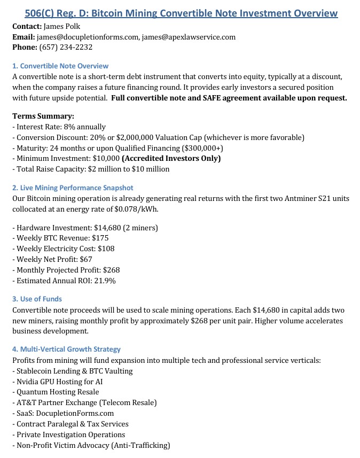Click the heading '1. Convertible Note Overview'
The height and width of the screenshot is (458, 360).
pos(60,66)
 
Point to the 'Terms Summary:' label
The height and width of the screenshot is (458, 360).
pos(43,116)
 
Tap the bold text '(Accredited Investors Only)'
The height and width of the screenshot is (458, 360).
pos(171,158)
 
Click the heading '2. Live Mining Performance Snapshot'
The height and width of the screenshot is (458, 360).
pos(73,188)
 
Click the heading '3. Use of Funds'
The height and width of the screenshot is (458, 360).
pos(37,299)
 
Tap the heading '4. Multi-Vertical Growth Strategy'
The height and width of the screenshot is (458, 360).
pos(66,349)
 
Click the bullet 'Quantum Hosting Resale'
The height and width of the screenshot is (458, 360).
pos(58,392)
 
